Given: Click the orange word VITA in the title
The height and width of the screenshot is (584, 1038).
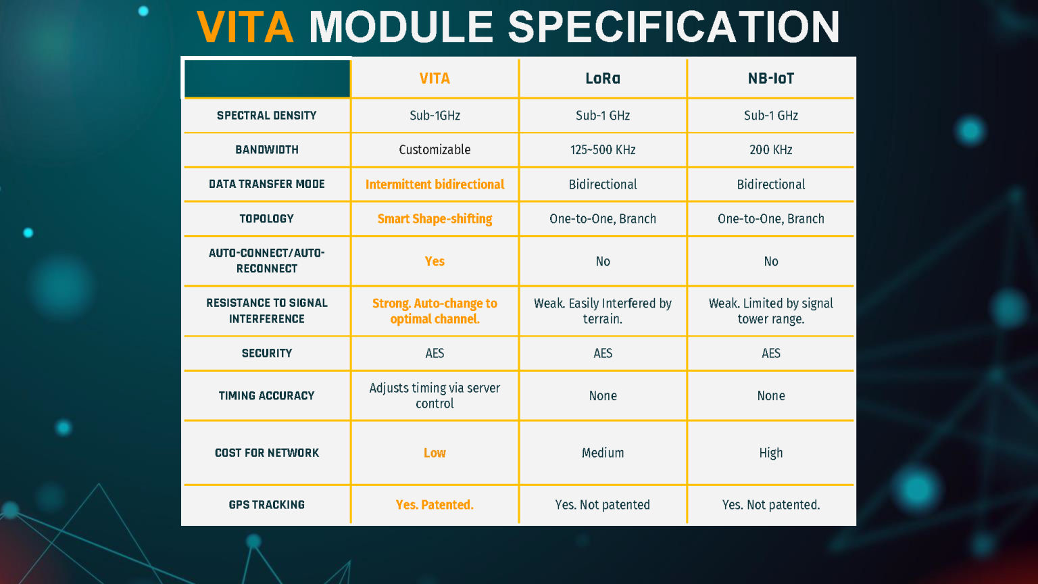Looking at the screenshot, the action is click(245, 27).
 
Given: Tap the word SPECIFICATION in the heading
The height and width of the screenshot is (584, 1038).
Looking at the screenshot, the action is click(674, 27).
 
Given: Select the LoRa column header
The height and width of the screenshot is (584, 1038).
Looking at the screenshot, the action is click(603, 78).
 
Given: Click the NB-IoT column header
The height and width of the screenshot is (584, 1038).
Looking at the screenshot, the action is click(771, 78).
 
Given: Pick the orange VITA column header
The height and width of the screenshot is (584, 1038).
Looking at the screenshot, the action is click(435, 78).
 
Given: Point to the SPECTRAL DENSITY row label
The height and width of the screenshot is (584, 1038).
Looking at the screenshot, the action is click(267, 116).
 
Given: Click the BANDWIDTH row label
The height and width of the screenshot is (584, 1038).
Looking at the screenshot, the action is click(267, 149).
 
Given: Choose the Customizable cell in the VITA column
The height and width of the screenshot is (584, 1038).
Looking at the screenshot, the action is click(435, 149).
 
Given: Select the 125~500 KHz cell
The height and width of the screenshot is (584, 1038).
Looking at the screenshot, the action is click(603, 149).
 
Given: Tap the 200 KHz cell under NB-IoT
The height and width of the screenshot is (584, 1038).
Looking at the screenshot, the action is click(771, 149).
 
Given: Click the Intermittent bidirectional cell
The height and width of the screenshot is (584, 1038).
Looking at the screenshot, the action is click(435, 185).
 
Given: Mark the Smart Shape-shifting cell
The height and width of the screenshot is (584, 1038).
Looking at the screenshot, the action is click(435, 219).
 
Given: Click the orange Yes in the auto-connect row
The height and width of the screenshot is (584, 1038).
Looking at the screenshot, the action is click(435, 262).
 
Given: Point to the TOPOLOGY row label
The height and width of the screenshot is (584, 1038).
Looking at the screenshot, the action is click(267, 219).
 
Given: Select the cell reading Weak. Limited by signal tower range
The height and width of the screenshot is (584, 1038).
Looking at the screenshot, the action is click(771, 311).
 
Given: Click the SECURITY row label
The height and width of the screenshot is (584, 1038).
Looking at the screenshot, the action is click(267, 354).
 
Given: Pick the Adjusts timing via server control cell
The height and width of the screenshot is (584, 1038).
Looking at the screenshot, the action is click(435, 396).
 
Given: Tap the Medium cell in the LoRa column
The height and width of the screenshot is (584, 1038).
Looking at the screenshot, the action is click(603, 453).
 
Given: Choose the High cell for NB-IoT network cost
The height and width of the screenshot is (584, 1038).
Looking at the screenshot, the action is click(771, 453).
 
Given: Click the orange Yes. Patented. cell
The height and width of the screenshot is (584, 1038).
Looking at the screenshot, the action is click(435, 505).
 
